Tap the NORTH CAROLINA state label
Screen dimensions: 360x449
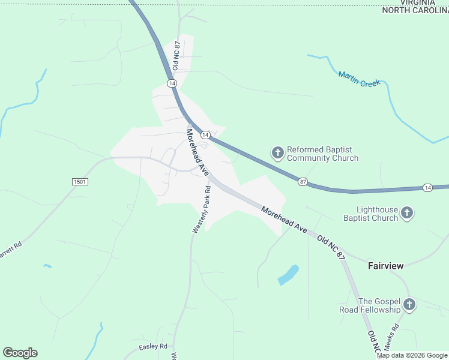[415, 10]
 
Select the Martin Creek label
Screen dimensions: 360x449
[359, 79]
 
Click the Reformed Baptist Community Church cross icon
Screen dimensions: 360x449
[277, 154]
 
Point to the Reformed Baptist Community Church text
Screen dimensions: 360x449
[322, 154]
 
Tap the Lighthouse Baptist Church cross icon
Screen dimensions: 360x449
[407, 213]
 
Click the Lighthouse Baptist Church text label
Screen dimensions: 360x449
[369, 214]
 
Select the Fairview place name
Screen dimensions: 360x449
[385, 265]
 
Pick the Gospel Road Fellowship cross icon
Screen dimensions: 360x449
[409, 305]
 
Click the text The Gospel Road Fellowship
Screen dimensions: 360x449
[379, 305]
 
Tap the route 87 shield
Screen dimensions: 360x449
[303, 181]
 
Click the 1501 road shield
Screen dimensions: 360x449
[80, 181]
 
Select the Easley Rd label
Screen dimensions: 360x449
[152, 347]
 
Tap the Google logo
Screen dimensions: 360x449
[20, 353]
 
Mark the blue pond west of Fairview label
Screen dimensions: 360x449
[288, 275]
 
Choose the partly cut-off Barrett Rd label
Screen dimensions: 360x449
[11, 251]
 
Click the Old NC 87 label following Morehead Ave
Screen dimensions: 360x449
[332, 247]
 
